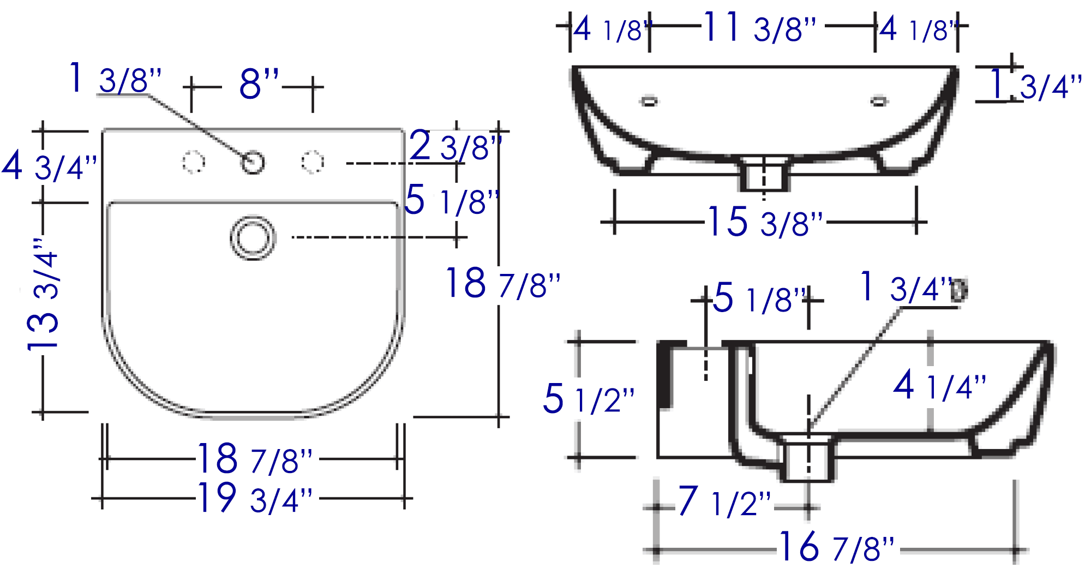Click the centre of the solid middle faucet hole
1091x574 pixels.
253,162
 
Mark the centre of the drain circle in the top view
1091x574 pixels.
253,238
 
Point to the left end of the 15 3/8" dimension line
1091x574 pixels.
601,222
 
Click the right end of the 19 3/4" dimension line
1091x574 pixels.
412,498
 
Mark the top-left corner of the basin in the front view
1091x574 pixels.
572,67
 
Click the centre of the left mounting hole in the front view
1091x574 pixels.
649,101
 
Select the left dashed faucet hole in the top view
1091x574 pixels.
193,162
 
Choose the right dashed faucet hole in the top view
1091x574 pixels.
313,162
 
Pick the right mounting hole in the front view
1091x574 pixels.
879,101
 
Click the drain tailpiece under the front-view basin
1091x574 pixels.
764,174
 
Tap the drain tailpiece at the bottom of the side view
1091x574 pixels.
808,458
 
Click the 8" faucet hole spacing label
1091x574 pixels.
259,84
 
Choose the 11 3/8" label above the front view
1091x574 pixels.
759,27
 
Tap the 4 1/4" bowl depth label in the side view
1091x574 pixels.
939,385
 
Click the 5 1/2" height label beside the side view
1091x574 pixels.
589,398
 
